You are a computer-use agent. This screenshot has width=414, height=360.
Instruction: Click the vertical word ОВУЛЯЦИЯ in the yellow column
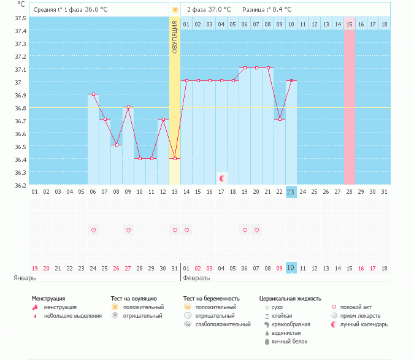coord(175,37)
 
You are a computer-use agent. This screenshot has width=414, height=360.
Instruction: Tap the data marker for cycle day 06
coord(93,94)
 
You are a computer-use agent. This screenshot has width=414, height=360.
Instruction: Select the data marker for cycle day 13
coord(175,158)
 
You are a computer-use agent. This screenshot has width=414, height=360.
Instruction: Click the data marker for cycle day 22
coord(280,119)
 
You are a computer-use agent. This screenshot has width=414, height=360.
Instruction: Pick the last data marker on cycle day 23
coord(291,80)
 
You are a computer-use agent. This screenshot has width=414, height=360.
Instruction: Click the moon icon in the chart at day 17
coord(222,178)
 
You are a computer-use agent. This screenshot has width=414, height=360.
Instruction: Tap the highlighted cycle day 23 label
coord(291,191)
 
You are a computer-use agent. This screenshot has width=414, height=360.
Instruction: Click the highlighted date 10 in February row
coord(291,268)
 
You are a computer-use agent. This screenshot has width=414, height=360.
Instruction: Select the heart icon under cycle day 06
coord(93,230)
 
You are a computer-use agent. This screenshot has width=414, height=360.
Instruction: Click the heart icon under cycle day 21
coord(256,230)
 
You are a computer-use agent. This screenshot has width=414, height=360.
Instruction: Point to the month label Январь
coord(24,278)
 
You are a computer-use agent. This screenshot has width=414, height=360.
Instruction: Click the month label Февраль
coord(197,278)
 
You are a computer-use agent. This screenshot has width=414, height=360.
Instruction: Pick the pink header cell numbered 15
coord(350,24)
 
